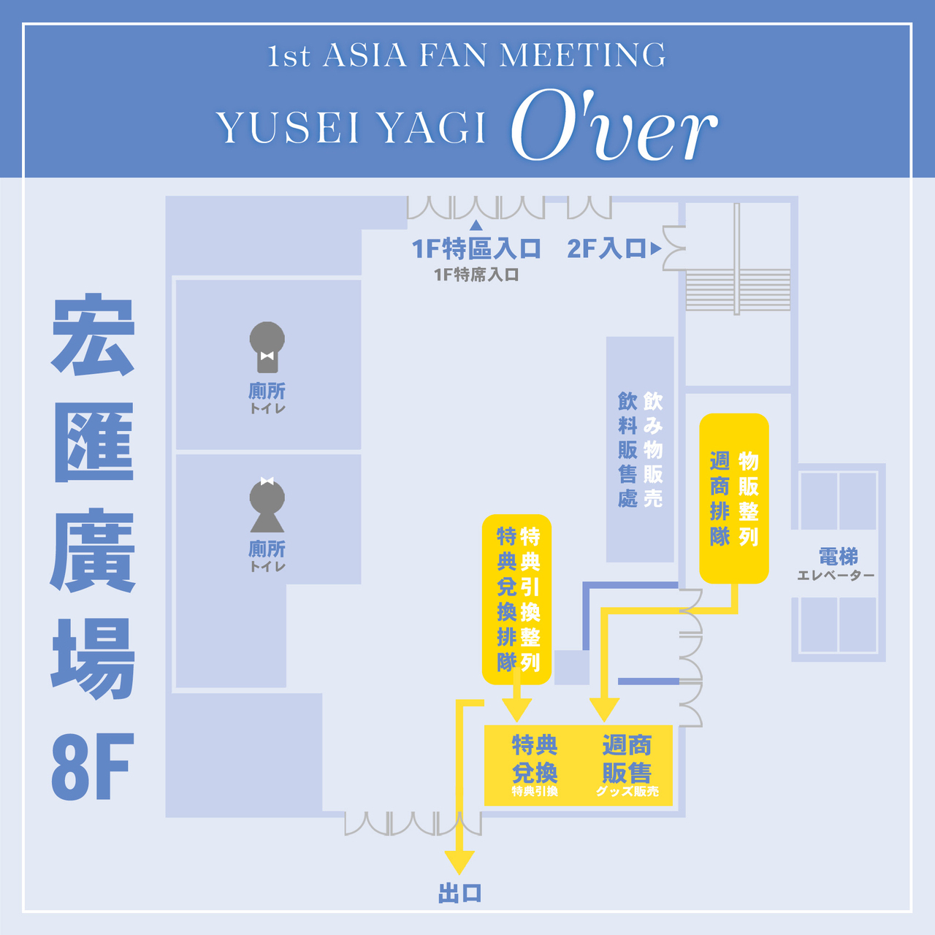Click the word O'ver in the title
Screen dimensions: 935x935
click(x=614, y=125)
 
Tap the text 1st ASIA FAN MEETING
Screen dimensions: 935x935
click(x=466, y=56)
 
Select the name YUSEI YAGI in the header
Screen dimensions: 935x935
click(x=351, y=128)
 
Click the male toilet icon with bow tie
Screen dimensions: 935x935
click(x=267, y=347)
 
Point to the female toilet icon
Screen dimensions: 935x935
click(x=267, y=505)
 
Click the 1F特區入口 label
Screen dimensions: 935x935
click(x=476, y=249)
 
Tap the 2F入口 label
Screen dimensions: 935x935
click(x=606, y=249)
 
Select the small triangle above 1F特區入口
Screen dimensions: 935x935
click(x=476, y=225)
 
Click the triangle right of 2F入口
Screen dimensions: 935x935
click(x=656, y=249)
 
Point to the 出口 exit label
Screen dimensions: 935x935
click(x=459, y=893)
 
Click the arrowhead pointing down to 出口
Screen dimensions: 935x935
click(x=459, y=863)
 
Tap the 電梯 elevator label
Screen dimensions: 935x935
click(x=838, y=557)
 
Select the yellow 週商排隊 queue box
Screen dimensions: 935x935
click(x=733, y=498)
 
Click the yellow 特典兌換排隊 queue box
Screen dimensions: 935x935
click(x=516, y=599)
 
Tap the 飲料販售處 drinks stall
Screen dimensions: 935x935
click(x=640, y=449)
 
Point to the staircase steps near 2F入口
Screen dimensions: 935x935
click(x=738, y=290)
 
